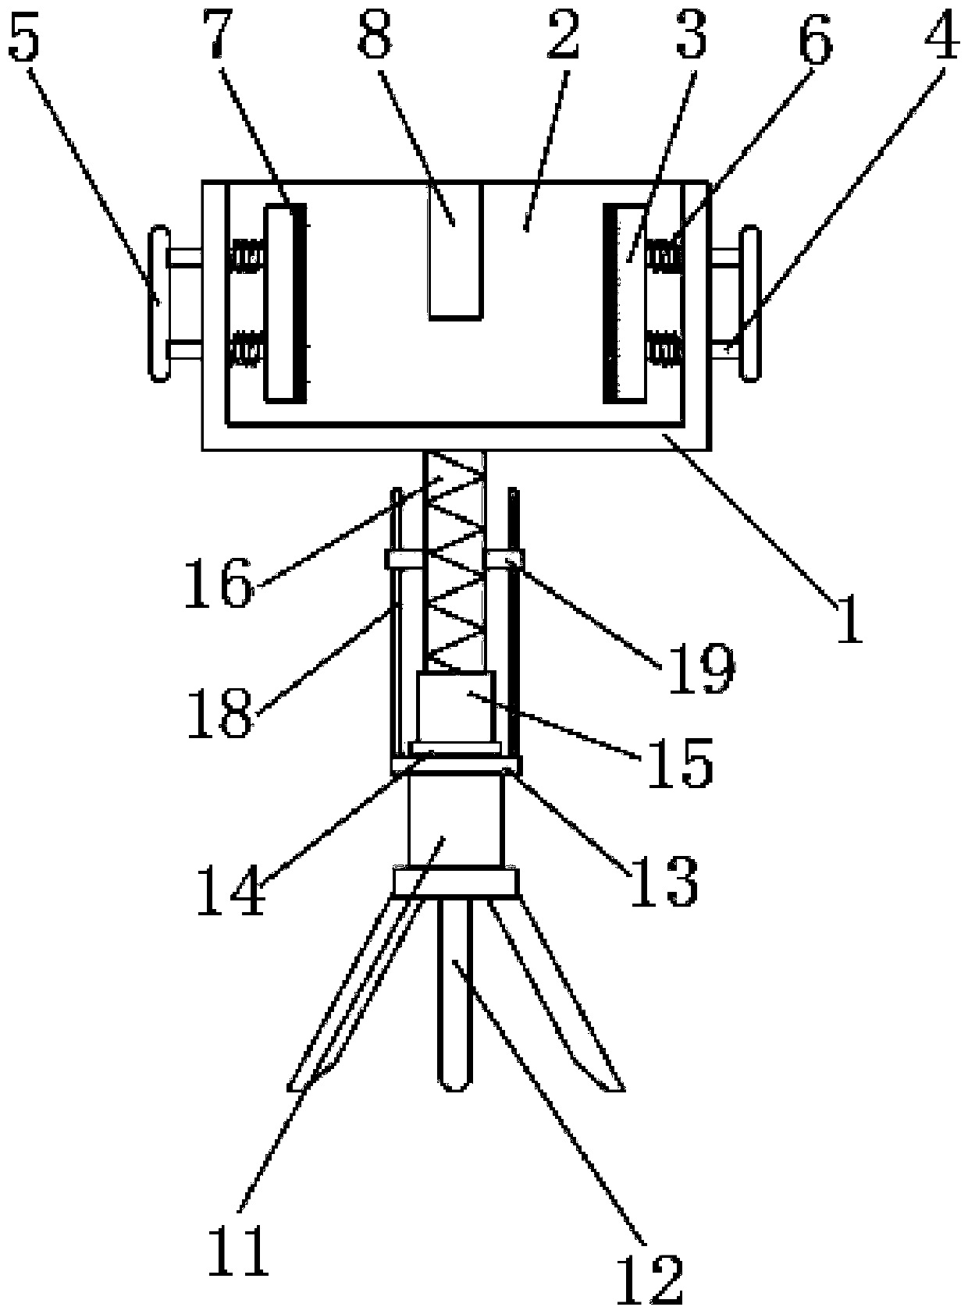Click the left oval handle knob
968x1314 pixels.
click(x=159, y=304)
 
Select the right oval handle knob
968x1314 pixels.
click(x=750, y=304)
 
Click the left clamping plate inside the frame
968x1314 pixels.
click(x=284, y=303)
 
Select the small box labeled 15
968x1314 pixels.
click(x=456, y=707)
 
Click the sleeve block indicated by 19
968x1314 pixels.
click(x=505, y=559)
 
